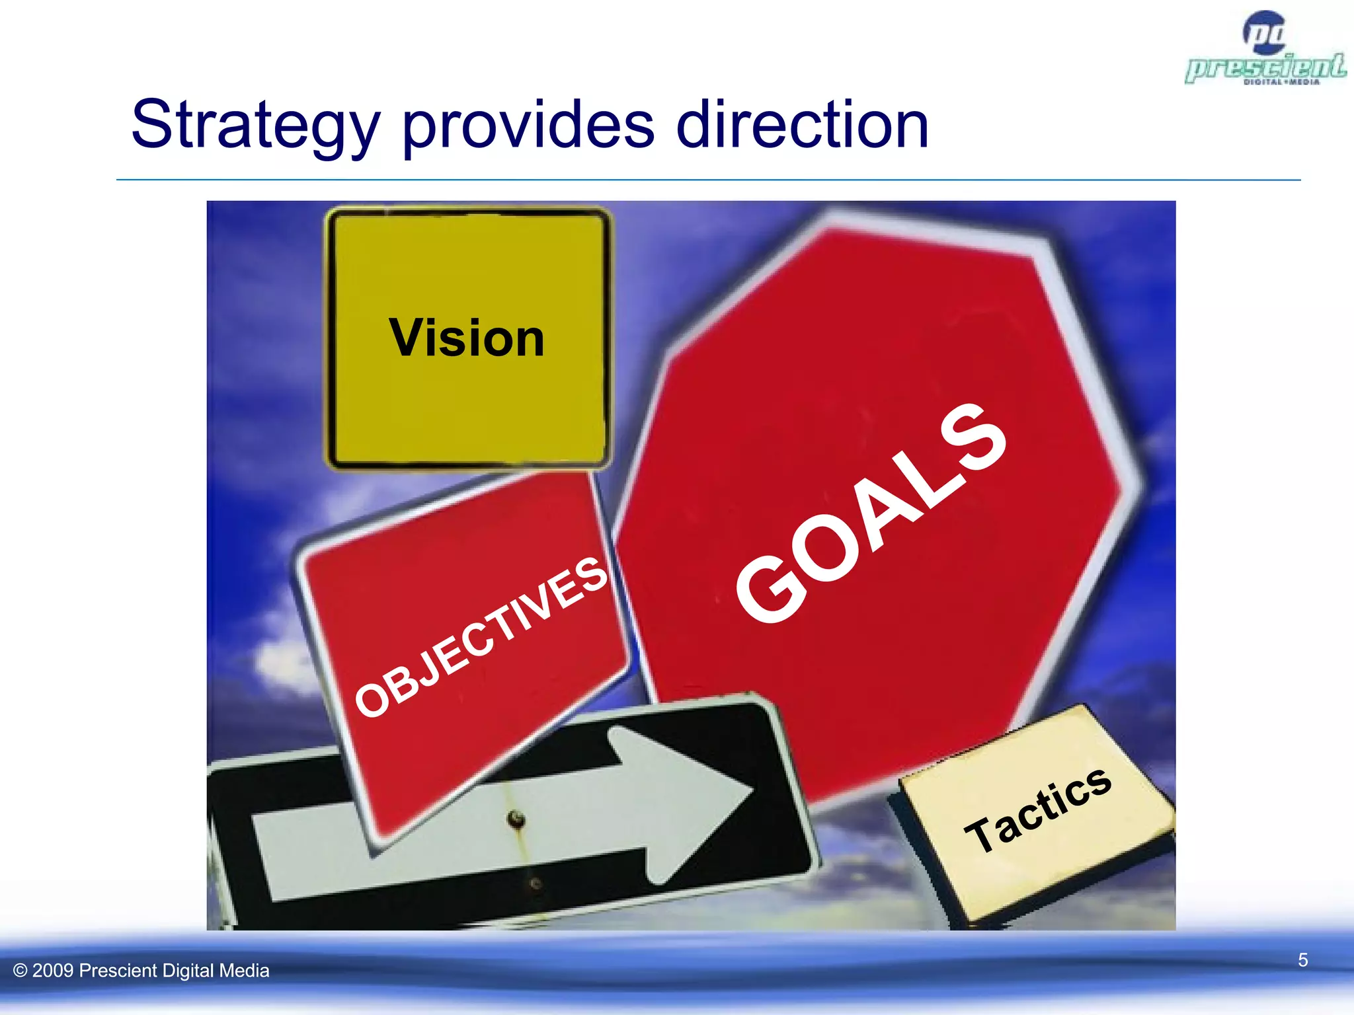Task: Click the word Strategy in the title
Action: [x=255, y=126]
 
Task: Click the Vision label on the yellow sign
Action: [x=467, y=338]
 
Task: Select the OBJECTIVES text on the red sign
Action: [x=481, y=637]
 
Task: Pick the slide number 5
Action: [x=1302, y=959]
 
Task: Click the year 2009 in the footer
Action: [x=53, y=971]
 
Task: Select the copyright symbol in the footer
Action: [x=20, y=971]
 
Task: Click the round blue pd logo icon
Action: [x=1264, y=33]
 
